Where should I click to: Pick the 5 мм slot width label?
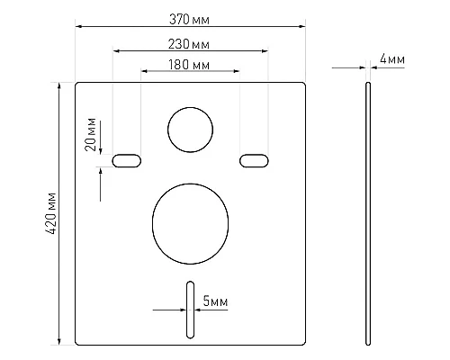214,302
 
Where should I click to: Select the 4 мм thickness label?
392,58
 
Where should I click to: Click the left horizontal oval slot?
126,160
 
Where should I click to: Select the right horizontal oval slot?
254,160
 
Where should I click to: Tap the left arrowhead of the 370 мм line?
78,27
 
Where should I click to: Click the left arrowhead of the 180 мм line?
145,72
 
